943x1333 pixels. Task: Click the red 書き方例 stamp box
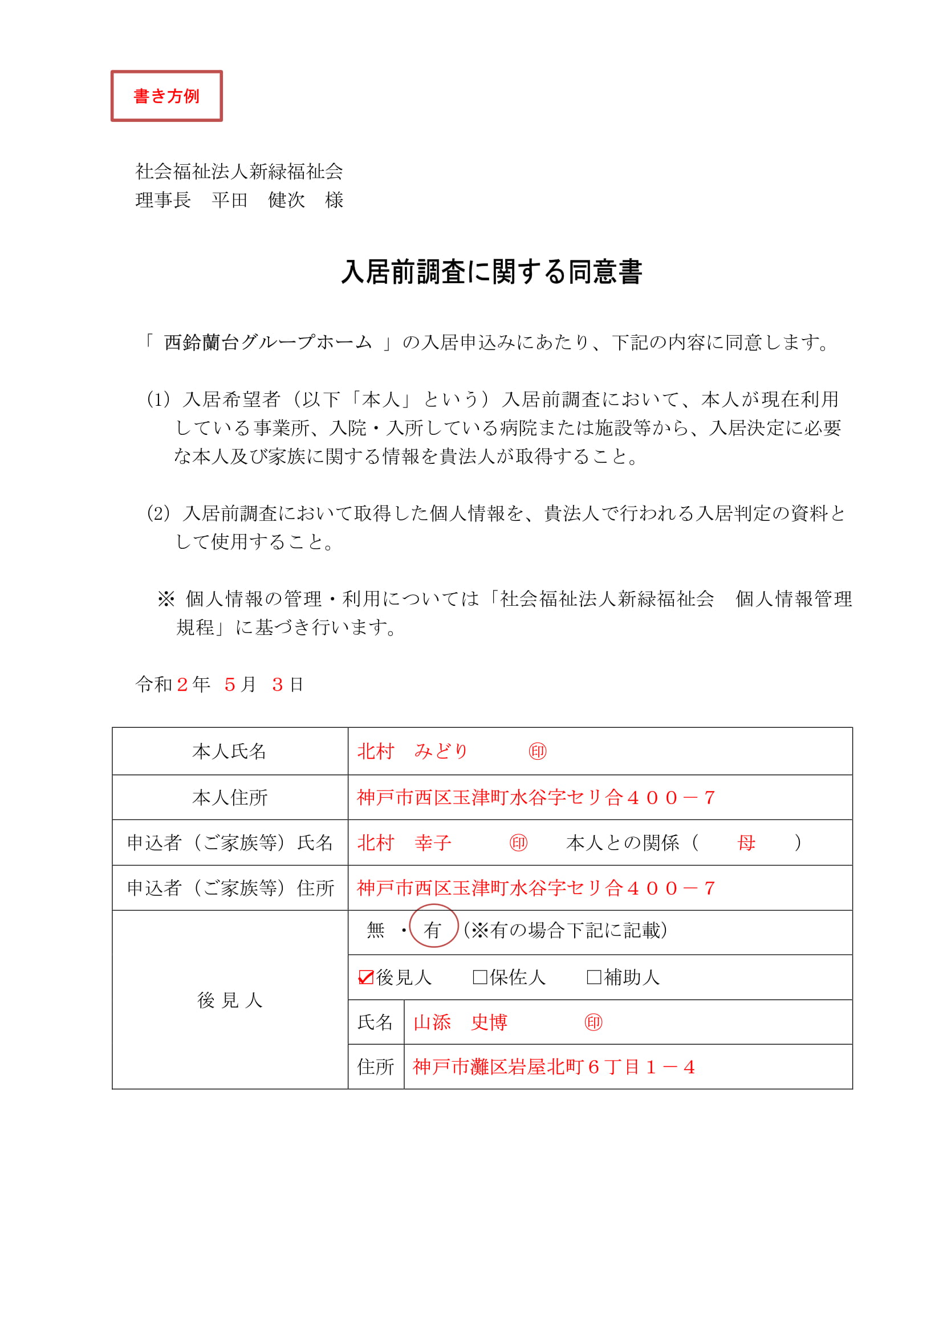pos(166,96)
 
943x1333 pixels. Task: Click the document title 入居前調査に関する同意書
pos(491,272)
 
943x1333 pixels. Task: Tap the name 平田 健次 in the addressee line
pos(258,200)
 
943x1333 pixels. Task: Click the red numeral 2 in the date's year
pos(182,685)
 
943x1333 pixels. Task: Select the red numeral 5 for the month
pos(230,685)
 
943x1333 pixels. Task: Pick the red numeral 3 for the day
pos(278,685)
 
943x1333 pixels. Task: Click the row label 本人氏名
pos(229,752)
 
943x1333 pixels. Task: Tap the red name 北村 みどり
pos(412,752)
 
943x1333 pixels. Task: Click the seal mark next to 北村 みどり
pos(538,752)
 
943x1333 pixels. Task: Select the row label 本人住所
pos(229,798)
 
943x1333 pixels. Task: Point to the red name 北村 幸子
pos(404,843)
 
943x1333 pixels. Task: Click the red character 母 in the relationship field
pos(746,843)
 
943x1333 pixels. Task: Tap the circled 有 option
pos(433,931)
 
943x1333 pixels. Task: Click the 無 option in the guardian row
pos(376,931)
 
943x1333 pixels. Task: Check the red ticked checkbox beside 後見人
pos(366,978)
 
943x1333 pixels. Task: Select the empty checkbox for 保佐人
pos(479,978)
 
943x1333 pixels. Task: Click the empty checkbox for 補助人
pos(594,978)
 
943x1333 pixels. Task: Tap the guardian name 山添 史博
pos(461,1022)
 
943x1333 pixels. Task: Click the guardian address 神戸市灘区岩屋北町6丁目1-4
pos(554,1067)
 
